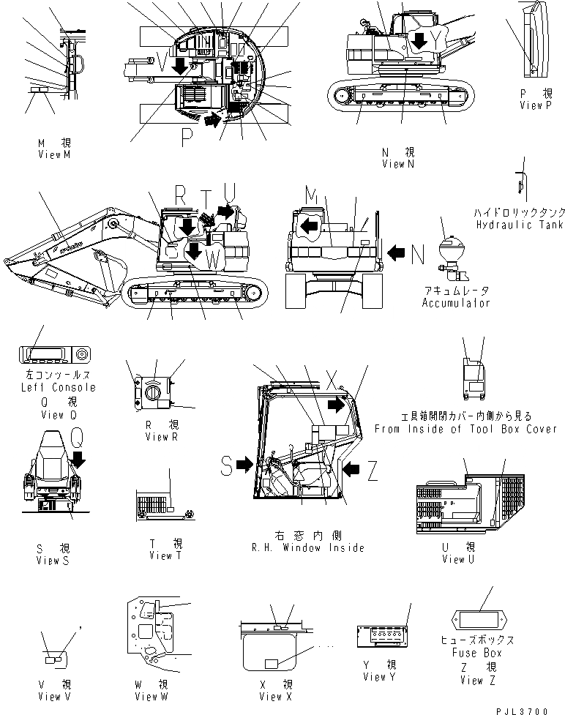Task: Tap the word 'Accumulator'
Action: click(x=455, y=302)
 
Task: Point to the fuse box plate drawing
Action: click(x=479, y=623)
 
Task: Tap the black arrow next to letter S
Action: click(x=244, y=463)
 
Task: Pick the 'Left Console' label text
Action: click(x=55, y=386)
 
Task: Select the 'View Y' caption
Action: click(x=380, y=677)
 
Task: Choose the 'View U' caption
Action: click(x=458, y=559)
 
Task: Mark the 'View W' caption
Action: click(x=151, y=695)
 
